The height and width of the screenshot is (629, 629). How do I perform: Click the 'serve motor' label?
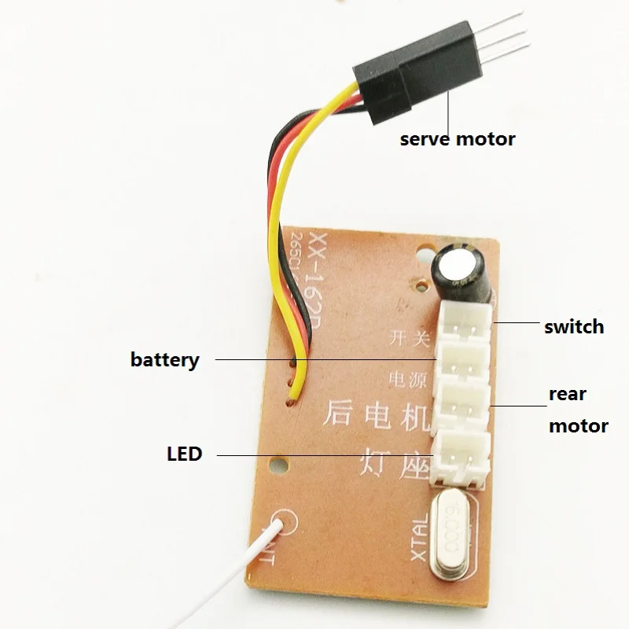458,139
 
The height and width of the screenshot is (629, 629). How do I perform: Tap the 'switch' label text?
574,326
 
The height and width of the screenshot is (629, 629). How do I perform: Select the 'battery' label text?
165,360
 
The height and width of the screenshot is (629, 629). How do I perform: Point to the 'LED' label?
184,454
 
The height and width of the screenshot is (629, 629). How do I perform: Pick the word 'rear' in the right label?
568,394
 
